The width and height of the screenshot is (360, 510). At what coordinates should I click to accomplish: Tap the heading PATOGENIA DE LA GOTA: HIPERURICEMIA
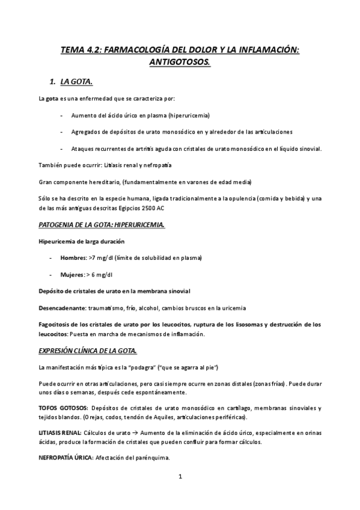click(102, 225)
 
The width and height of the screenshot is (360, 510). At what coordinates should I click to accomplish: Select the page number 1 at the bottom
click(180, 478)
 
